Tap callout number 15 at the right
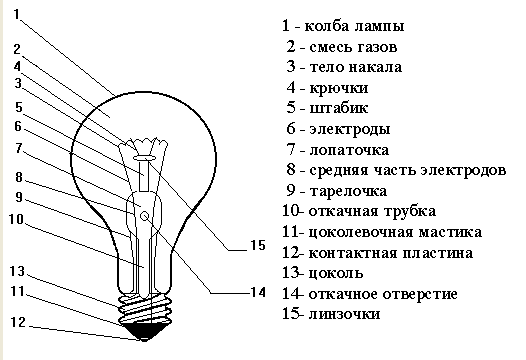pos(257,245)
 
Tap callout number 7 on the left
pos(18,147)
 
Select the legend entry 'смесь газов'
pos(354,46)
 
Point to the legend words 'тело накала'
pos(356,68)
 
